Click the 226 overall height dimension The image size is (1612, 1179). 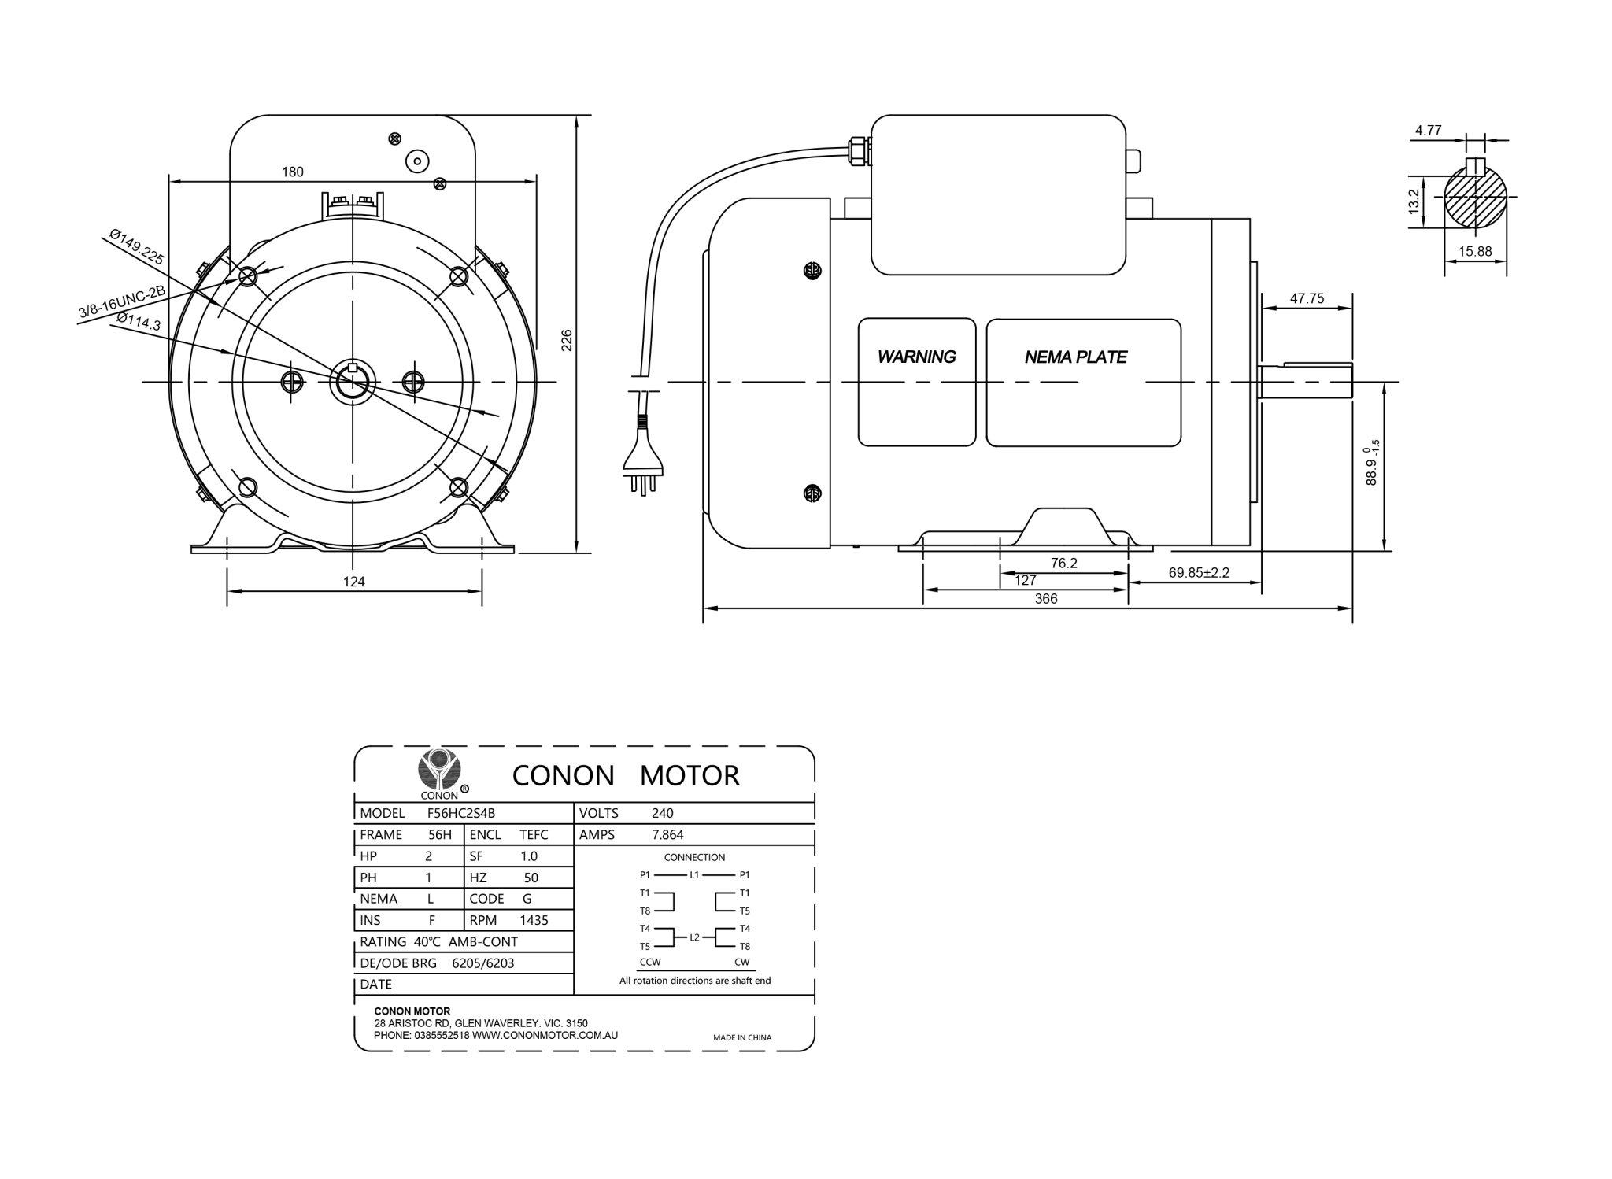[x=566, y=340]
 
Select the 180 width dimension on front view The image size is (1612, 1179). [x=292, y=172]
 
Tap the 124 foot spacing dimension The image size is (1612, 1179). [x=354, y=582]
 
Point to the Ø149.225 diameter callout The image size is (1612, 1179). [x=136, y=246]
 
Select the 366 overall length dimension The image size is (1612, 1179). [x=1045, y=599]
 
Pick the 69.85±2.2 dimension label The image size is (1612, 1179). [x=1198, y=572]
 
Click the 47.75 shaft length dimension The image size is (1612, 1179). [x=1307, y=298]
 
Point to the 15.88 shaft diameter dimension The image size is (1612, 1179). [x=1474, y=252]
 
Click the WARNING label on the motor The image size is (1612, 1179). [x=916, y=357]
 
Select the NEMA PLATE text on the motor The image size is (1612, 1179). [x=1075, y=357]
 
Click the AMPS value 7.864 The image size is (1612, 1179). [x=667, y=835]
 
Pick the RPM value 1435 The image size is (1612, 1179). [x=534, y=920]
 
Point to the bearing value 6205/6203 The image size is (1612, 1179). [x=482, y=963]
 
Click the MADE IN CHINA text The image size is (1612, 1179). [x=741, y=1037]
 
